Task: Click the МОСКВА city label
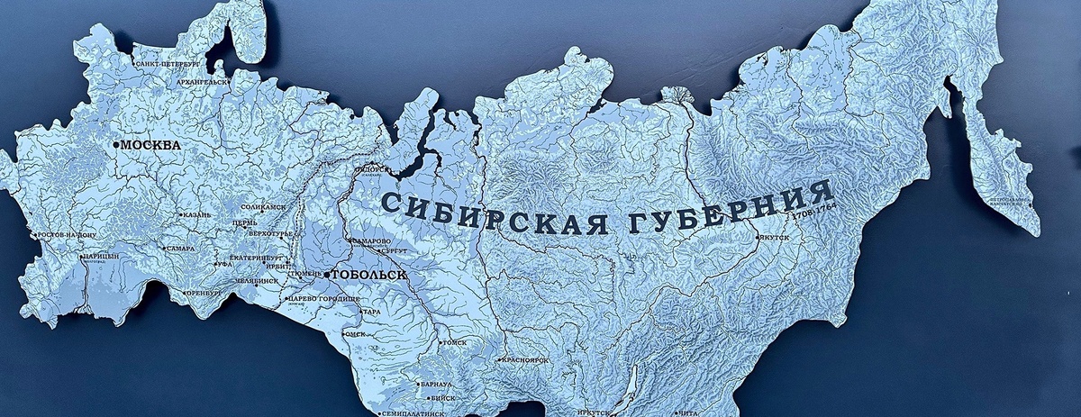(150, 144)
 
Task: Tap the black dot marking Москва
(115, 144)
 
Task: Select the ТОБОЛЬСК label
(369, 274)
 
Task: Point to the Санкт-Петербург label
(168, 65)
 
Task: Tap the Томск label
(453, 342)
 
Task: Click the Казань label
(196, 215)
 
